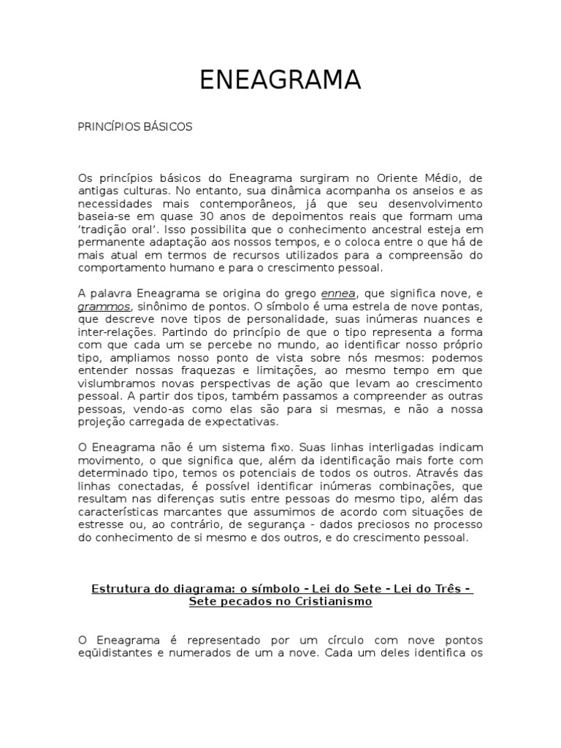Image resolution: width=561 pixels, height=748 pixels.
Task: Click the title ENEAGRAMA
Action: tap(281, 80)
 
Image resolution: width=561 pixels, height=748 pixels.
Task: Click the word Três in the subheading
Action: tap(444, 588)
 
